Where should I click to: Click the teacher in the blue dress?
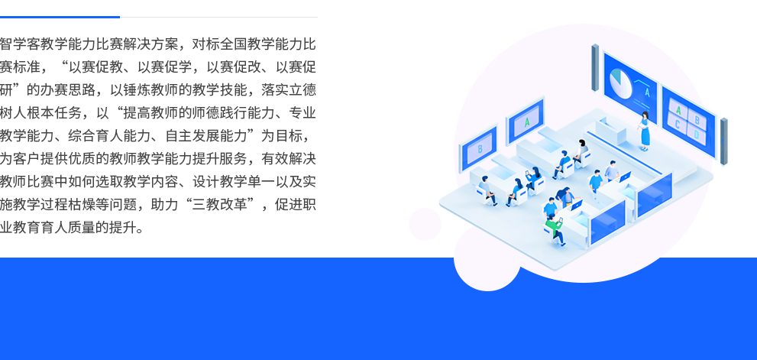click(645, 131)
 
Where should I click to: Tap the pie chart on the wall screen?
click(620, 83)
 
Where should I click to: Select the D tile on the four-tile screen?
click(696, 133)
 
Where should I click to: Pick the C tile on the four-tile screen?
click(678, 124)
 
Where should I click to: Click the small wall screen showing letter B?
click(478, 148)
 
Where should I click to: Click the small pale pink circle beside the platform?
click(425, 224)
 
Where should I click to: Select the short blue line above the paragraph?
click(60, 17)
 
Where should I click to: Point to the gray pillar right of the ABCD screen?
click(723, 141)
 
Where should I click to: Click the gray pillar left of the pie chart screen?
click(595, 68)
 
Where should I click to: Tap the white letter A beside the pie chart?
click(648, 91)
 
